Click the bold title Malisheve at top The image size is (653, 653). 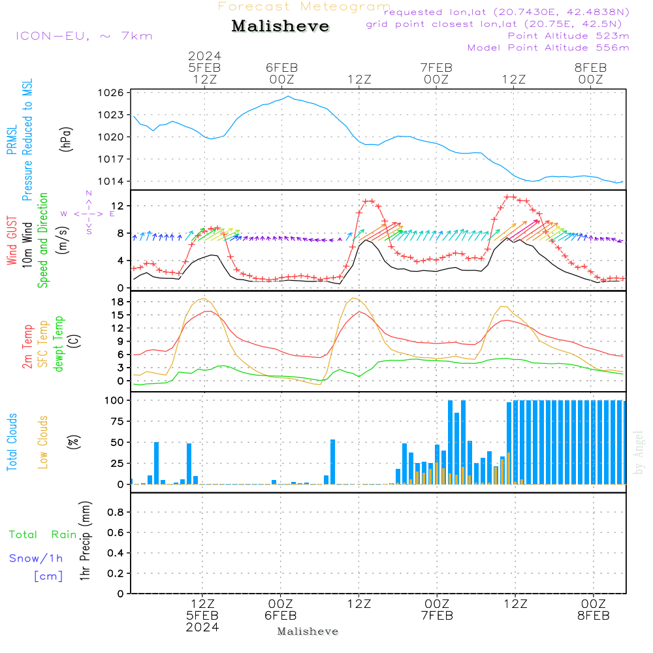(x=281, y=26)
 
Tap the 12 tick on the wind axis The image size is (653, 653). (x=118, y=206)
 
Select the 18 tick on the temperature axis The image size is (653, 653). (x=118, y=302)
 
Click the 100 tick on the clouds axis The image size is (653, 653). (x=115, y=400)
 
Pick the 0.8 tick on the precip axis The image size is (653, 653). (x=116, y=512)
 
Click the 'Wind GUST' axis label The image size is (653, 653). (x=12, y=242)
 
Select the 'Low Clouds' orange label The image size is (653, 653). (x=44, y=442)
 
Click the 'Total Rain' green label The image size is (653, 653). (x=42, y=534)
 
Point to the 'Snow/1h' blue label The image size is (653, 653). (x=36, y=558)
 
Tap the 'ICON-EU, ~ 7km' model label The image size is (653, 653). (x=84, y=36)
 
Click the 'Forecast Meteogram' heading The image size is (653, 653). (x=304, y=7)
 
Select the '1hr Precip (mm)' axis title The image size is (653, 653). (x=84, y=542)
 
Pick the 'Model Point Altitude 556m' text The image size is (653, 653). (x=549, y=48)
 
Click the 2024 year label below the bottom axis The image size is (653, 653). (x=202, y=627)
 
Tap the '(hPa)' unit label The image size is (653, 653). (x=65, y=139)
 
